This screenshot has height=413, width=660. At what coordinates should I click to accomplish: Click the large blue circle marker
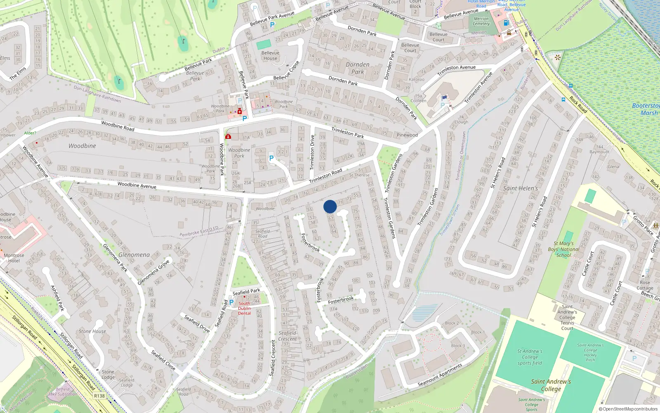coord(330,206)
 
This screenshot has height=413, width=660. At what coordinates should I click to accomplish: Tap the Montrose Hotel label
coord(14,258)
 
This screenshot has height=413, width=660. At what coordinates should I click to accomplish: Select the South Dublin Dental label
coord(244,308)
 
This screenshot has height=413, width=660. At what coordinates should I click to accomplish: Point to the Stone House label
coord(92,331)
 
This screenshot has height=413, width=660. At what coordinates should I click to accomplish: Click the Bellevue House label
coord(270,56)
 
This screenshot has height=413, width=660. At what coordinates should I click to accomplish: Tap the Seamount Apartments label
coord(440,375)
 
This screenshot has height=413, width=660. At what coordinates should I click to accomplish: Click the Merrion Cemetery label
coord(481,21)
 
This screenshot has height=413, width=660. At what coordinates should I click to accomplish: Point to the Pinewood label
coord(407,135)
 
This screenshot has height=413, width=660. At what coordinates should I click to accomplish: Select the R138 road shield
coord(99,396)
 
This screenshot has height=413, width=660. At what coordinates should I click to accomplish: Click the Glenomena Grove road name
coord(153,272)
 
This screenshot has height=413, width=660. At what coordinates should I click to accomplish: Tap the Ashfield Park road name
coord(58,298)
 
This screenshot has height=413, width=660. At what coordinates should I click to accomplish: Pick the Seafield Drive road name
coord(197,324)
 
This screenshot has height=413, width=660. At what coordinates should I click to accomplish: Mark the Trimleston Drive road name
coord(312,152)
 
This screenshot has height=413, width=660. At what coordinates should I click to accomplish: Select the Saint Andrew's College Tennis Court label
coord(567,318)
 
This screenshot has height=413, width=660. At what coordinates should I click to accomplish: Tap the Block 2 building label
coord(452,323)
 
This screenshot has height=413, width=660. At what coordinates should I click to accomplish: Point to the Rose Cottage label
coord(645,285)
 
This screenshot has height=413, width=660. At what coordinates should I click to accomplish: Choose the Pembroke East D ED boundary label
coord(199,232)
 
